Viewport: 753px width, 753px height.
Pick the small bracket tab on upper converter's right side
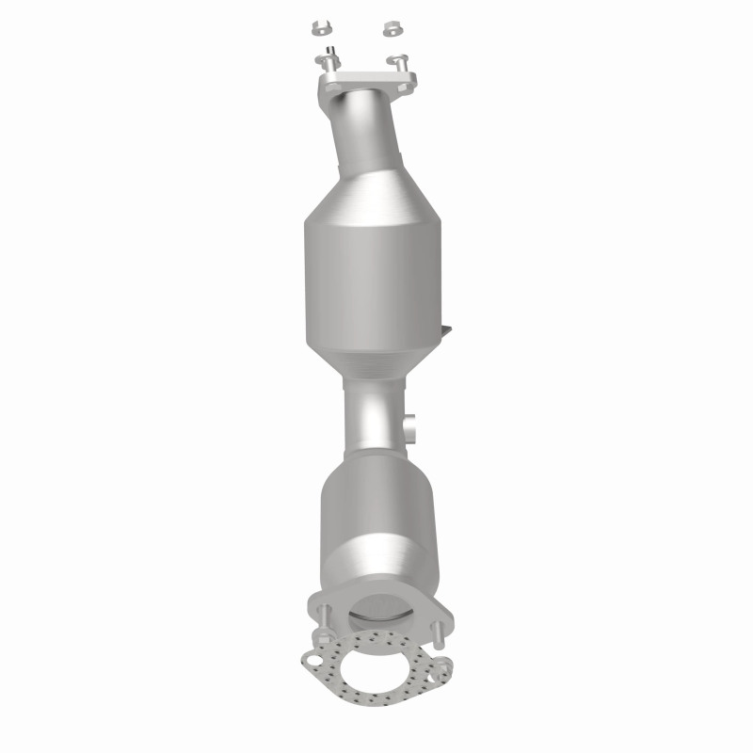[446, 330]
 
